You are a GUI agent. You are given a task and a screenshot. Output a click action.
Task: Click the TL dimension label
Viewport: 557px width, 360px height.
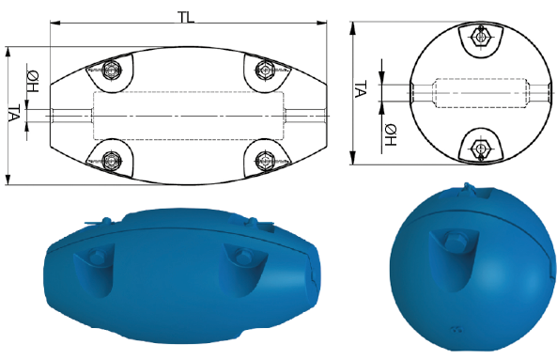coord(186,17)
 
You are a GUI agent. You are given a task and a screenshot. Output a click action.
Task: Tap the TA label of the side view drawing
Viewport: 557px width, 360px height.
coord(14,114)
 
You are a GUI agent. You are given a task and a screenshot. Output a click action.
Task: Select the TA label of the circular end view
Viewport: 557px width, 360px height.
coord(361,89)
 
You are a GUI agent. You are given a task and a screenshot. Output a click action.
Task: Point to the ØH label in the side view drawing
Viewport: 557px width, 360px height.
coord(33,82)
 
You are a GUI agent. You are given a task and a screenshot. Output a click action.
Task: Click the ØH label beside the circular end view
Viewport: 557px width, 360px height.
coord(391,135)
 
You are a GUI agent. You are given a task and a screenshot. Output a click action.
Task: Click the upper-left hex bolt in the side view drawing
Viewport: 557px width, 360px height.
coord(111,70)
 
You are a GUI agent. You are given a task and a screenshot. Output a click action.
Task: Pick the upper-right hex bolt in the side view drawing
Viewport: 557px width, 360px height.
coord(264,70)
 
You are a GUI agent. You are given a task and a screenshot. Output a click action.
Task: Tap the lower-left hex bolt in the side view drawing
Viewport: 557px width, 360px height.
coord(111,161)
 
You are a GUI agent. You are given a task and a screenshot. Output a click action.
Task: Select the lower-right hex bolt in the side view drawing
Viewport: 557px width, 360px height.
coord(264,160)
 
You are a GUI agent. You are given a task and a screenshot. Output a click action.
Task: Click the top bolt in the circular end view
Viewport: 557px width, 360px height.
coord(481,37)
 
